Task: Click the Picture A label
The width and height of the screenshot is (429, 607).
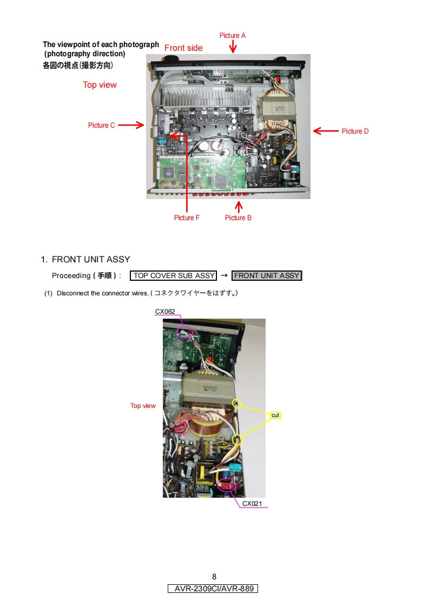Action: (233, 36)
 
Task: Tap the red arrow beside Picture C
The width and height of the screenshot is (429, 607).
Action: (130, 126)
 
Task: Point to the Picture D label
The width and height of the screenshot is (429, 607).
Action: (355, 131)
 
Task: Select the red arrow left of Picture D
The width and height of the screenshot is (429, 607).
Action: (325, 131)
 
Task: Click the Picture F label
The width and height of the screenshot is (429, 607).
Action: (187, 217)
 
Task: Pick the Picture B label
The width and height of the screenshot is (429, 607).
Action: (238, 217)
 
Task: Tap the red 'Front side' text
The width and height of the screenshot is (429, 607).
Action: (183, 48)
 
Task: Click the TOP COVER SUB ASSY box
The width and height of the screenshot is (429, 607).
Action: (174, 276)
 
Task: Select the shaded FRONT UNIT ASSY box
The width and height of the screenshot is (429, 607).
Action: (267, 276)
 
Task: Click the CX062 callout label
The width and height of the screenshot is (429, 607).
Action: (165, 312)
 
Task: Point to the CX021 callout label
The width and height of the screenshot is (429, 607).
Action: (252, 504)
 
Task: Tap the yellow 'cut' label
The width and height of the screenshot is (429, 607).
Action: (275, 415)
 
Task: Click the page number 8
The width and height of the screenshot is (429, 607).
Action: (214, 577)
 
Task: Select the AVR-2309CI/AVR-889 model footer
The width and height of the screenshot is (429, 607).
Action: (213, 589)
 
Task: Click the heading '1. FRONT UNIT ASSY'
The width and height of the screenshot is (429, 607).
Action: (85, 260)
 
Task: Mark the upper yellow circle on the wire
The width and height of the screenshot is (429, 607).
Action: (236, 403)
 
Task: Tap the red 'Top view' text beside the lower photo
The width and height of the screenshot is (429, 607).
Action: (143, 406)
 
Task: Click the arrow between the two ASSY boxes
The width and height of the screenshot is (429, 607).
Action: (224, 276)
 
